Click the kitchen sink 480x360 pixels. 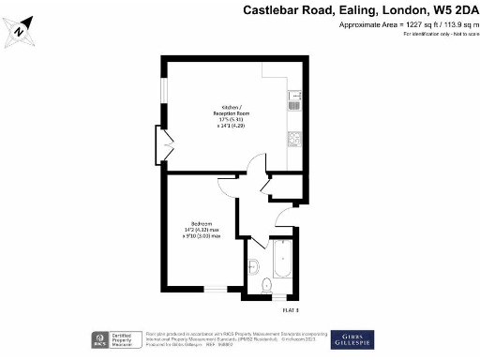click(x=295, y=98)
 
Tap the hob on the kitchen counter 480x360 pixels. click(x=294, y=140)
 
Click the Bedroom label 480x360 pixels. click(x=201, y=222)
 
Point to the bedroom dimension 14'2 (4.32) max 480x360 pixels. click(x=202, y=229)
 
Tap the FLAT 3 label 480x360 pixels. click(x=291, y=309)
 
